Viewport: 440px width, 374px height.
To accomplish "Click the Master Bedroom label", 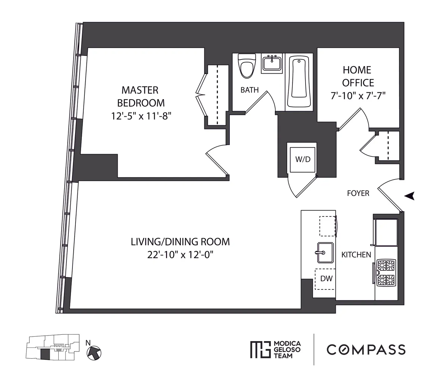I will point(140,96).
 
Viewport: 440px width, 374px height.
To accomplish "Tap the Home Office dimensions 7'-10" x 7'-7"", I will point(357,96).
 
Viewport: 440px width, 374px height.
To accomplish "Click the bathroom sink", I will point(272,63).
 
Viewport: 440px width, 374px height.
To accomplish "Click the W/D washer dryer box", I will point(303,159).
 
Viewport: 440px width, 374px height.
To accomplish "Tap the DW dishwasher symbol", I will point(325,279).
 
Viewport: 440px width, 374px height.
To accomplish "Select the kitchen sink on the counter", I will point(325,252).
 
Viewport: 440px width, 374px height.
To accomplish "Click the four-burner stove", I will point(386,272).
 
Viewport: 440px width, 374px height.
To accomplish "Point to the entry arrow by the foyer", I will point(410,196).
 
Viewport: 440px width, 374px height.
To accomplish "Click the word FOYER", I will point(358,193).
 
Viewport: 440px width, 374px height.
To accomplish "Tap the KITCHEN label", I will point(356,255).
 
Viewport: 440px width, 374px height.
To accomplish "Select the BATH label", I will point(250,90).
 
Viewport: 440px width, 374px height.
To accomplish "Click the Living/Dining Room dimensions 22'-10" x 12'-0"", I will point(180,255).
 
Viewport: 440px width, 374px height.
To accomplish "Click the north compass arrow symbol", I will point(94,352).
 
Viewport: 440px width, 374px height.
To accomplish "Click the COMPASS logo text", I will point(366,350).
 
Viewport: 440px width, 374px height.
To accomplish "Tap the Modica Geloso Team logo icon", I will point(260,350).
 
